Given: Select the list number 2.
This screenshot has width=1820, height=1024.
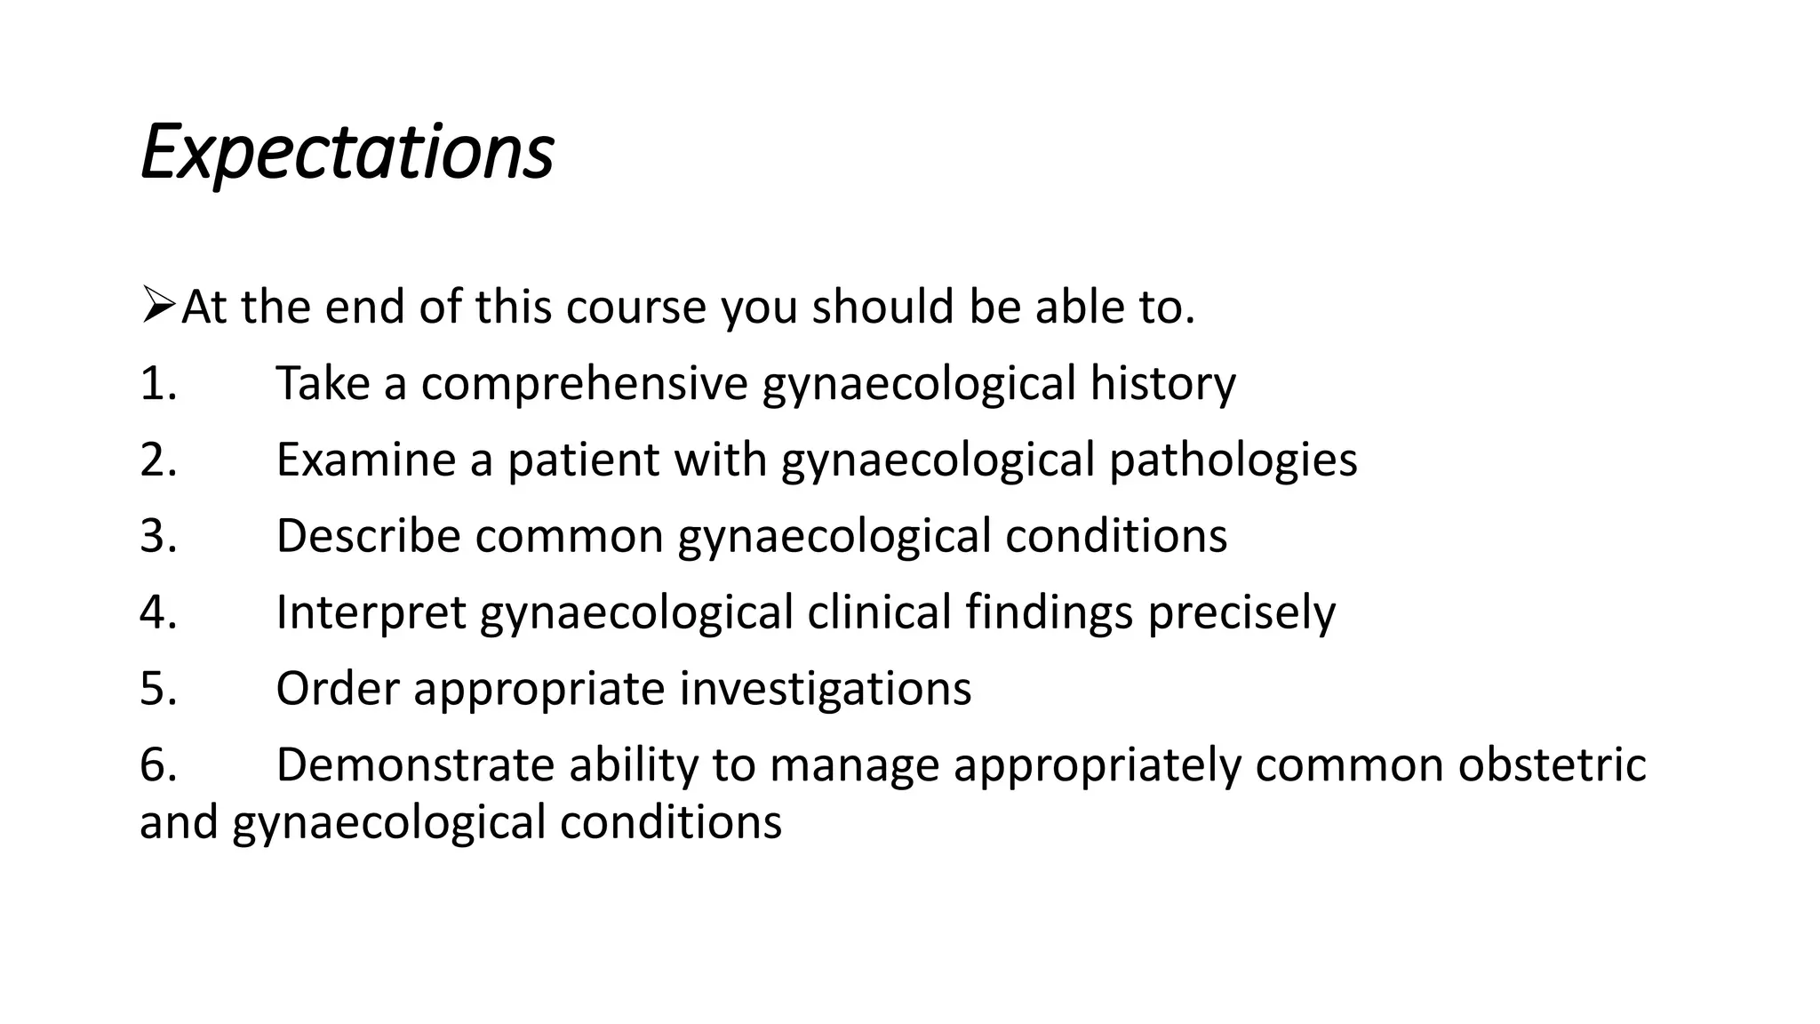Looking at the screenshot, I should click(158, 460).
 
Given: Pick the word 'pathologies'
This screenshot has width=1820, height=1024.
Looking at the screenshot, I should click(1233, 460).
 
